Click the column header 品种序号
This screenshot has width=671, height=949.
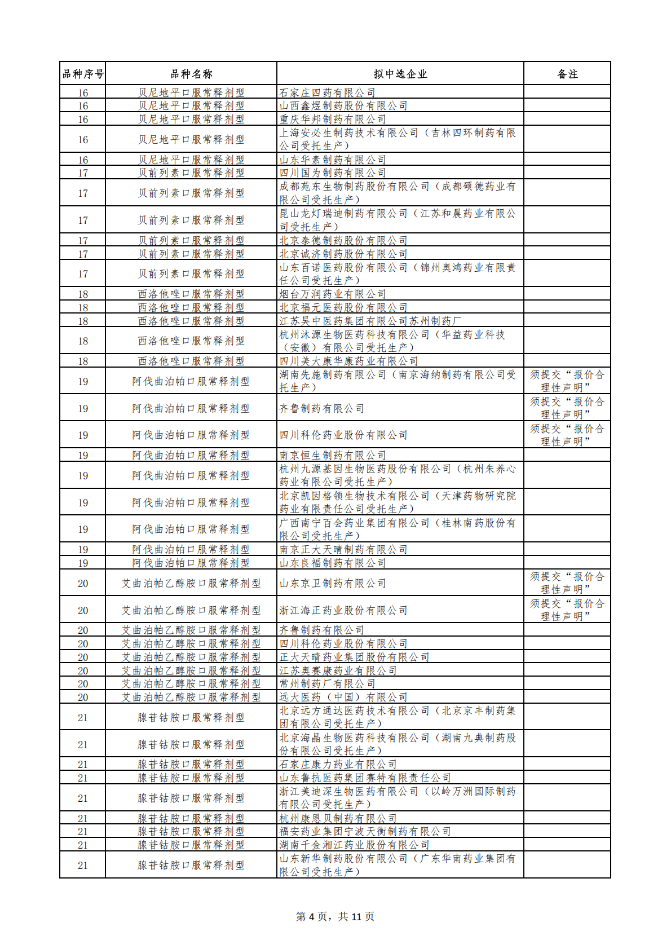tap(83, 74)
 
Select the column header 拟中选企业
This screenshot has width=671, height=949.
tap(400, 74)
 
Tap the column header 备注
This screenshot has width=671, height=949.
tap(567, 74)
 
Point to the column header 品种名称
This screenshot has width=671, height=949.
tap(191, 74)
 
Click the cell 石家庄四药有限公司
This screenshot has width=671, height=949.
tap(328, 92)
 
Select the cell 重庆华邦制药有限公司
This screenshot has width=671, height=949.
tap(333, 120)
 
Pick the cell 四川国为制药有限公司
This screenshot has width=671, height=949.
tap(333, 173)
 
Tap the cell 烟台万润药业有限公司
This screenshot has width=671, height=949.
tap(333, 294)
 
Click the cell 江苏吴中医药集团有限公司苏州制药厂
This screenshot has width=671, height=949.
tap(370, 321)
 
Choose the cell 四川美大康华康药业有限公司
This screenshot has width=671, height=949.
tap(349, 361)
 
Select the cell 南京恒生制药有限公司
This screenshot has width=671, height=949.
tap(333, 456)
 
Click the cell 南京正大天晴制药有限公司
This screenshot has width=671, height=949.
tap(343, 550)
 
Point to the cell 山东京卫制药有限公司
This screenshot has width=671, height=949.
tap(333, 584)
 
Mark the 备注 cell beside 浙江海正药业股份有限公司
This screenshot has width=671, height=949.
tap(567, 610)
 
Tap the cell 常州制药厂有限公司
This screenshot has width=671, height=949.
tap(328, 684)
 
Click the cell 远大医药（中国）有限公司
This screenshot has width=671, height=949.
tap(343, 698)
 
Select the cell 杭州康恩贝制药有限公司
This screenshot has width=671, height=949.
tap(338, 818)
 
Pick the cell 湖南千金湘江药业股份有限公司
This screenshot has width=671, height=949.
tap(354, 845)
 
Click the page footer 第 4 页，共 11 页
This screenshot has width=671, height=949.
tap(335, 917)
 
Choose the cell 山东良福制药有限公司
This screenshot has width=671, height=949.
tap(333, 563)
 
